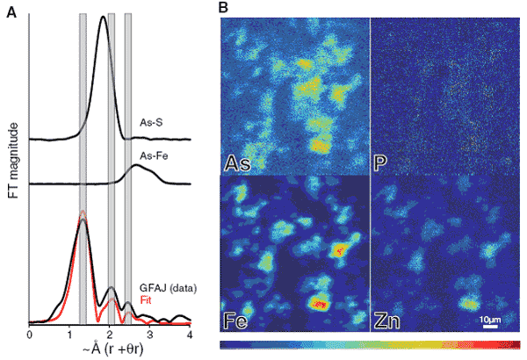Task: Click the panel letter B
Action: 223,8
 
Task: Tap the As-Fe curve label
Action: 155,157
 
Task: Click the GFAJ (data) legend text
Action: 165,288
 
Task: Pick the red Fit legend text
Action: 145,299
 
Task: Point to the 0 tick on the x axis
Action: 30,334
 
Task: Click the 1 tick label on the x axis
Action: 69,334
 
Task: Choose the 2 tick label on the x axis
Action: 110,334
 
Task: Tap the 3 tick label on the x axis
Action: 150,334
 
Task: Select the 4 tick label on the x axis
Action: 190,334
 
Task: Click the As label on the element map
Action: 236,162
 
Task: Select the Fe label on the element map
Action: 236,321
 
